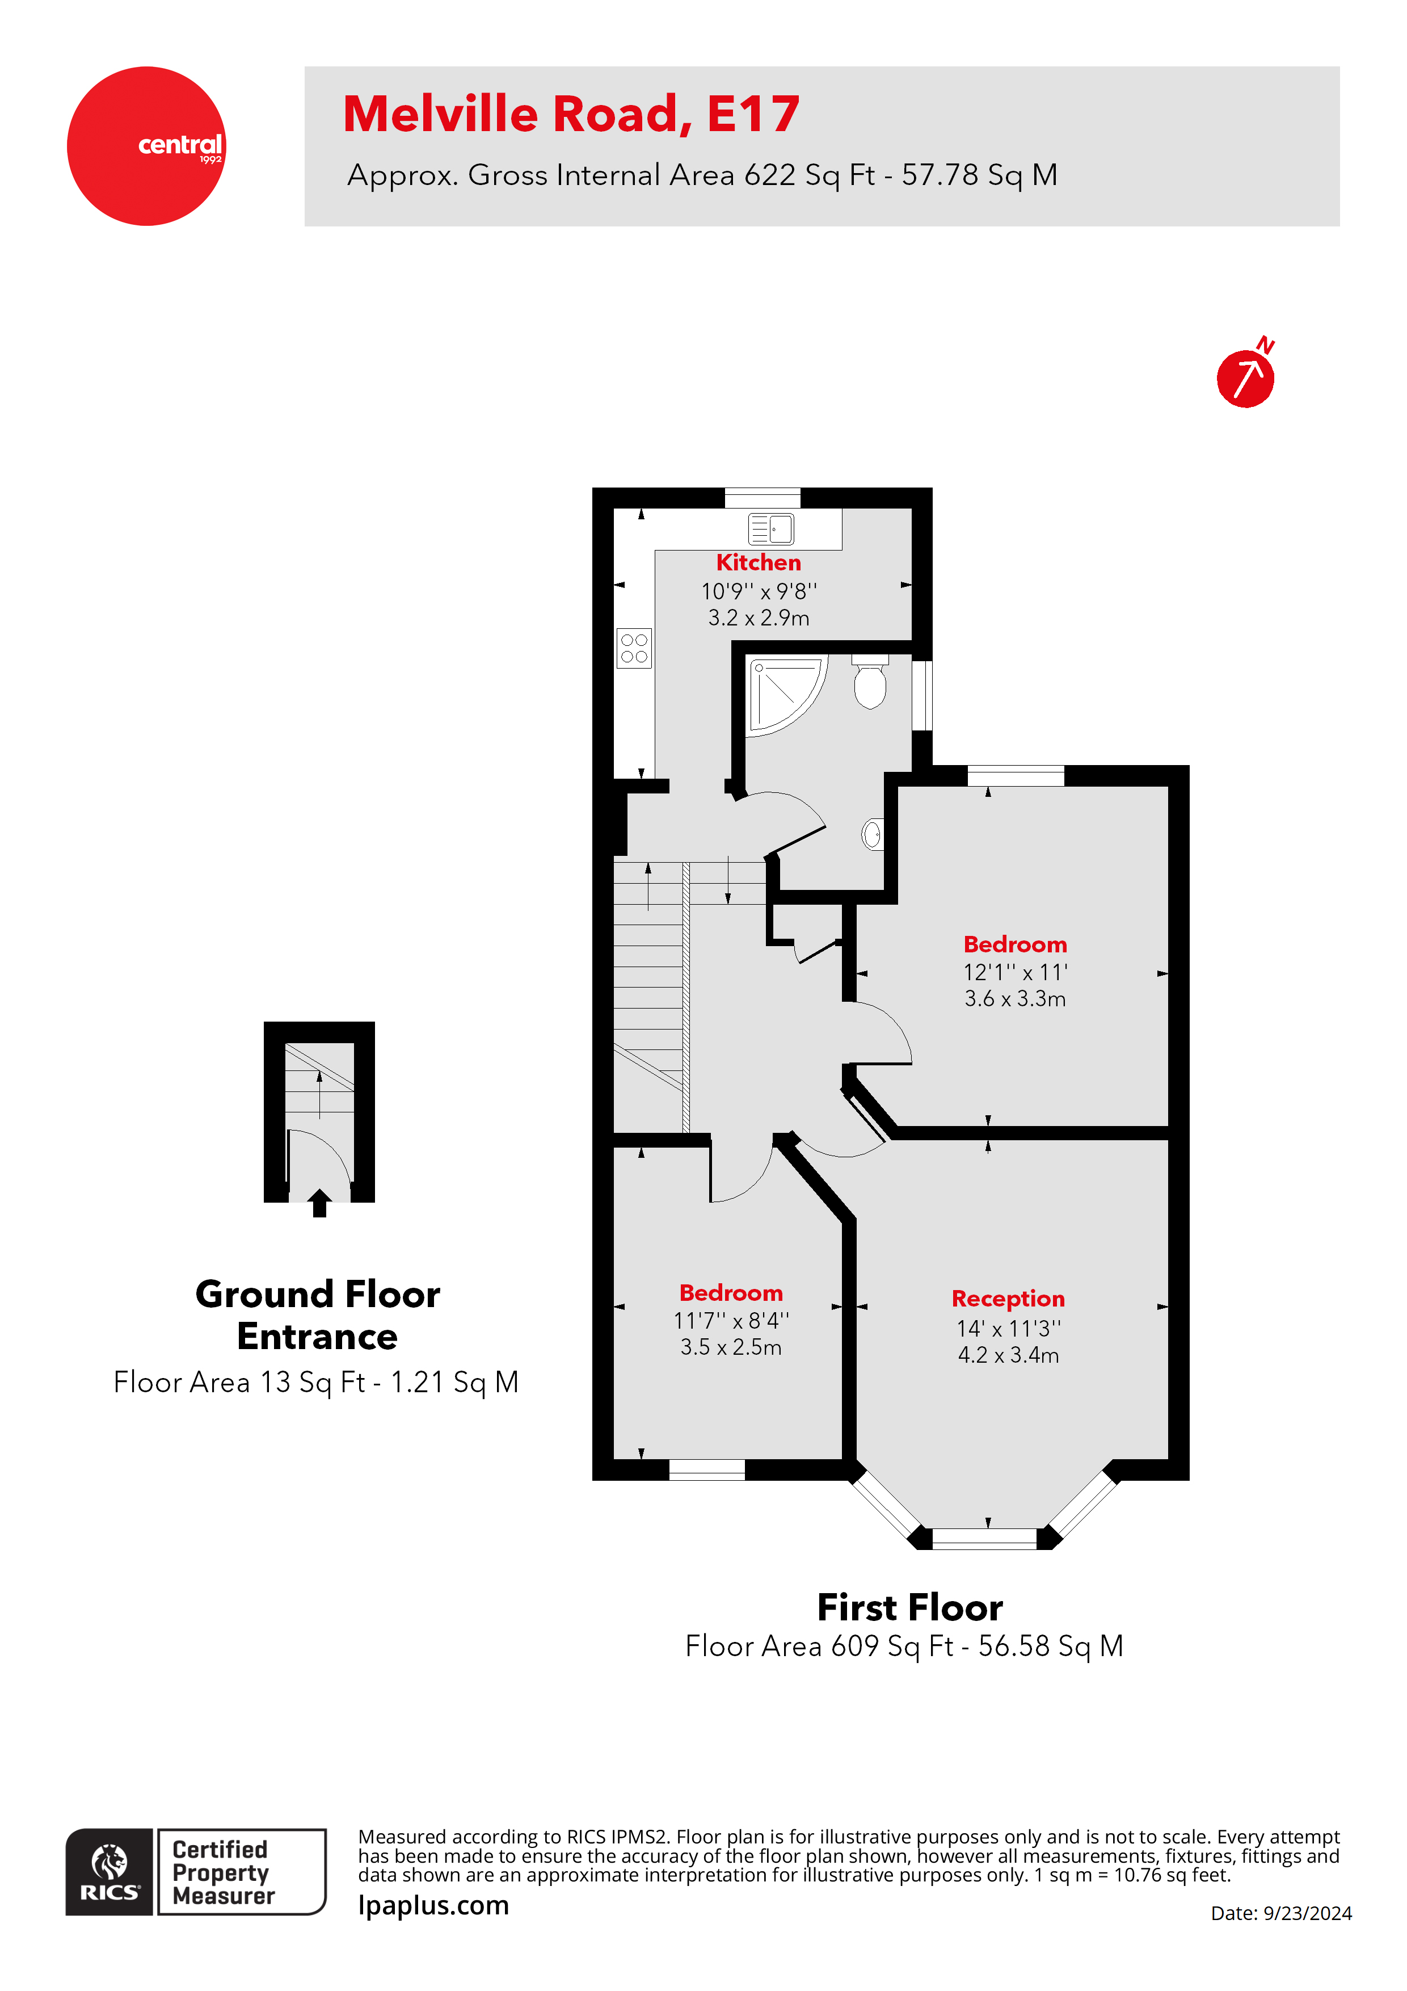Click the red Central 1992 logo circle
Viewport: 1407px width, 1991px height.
[x=146, y=146]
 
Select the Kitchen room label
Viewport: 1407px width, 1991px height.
[x=758, y=563]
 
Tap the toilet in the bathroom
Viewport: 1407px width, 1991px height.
[x=870, y=683]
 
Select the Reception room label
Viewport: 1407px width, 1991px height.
[x=1008, y=1298]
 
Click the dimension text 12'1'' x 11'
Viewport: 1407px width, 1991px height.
[x=1014, y=972]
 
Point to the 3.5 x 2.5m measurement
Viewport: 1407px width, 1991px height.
[x=730, y=1347]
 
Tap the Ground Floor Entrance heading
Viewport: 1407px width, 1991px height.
[x=317, y=1314]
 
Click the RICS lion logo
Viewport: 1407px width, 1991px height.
[x=109, y=1864]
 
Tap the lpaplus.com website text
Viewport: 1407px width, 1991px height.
[x=433, y=1905]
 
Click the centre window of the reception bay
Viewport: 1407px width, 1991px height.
[x=983, y=1538]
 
